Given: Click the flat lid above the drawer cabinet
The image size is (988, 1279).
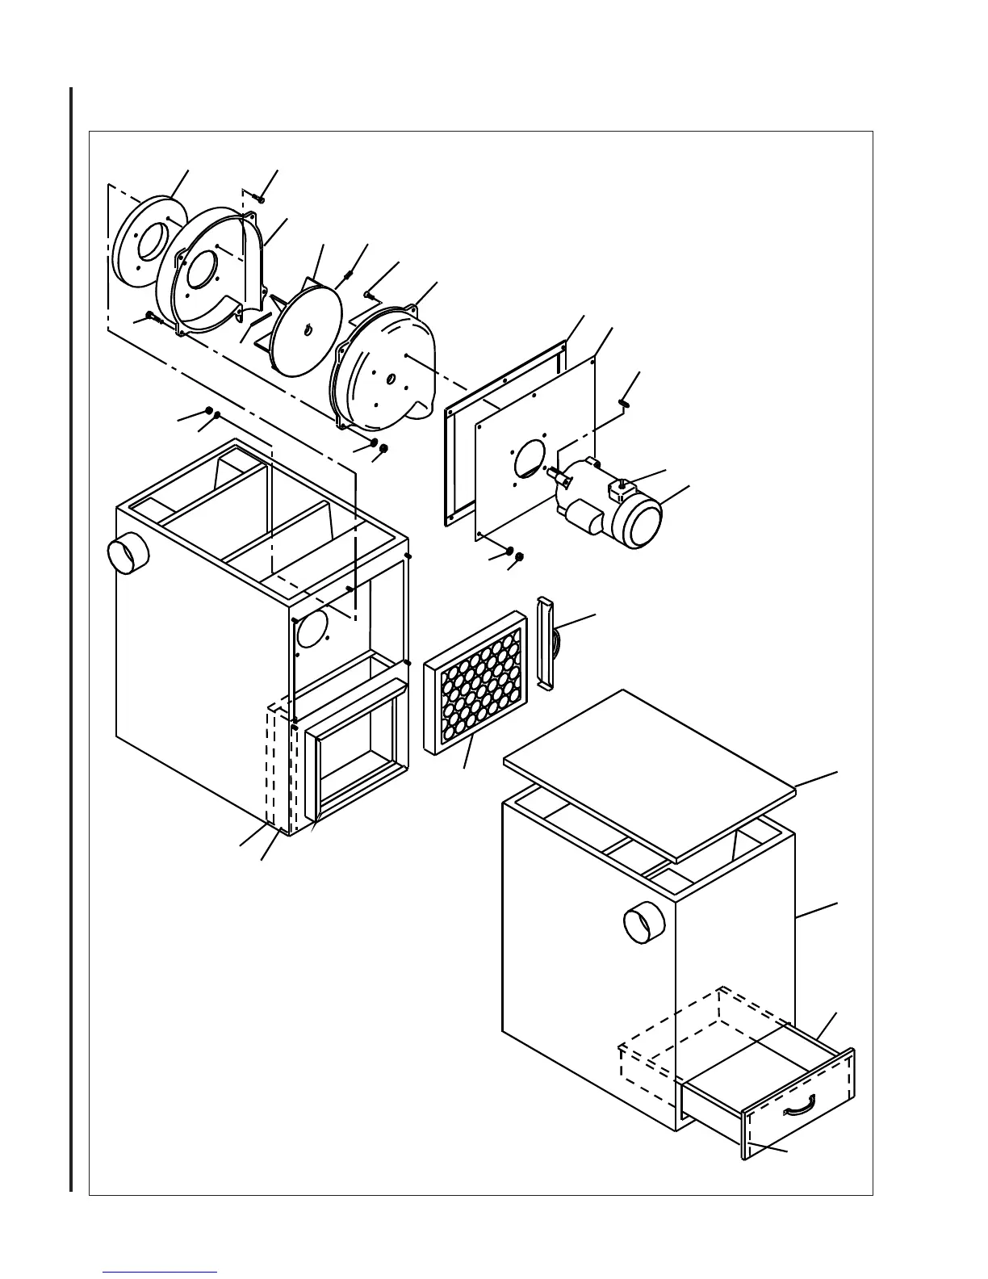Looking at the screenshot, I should click(x=649, y=774).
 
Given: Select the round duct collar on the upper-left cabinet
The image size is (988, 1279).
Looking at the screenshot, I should click(x=127, y=555).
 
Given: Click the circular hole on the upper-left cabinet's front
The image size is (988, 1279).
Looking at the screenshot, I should click(x=312, y=628).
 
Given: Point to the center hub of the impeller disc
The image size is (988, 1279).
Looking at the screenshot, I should click(x=308, y=329).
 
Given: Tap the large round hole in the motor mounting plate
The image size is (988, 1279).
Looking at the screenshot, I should click(x=528, y=458).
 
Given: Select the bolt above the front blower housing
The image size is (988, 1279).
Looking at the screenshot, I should click(x=258, y=197).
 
